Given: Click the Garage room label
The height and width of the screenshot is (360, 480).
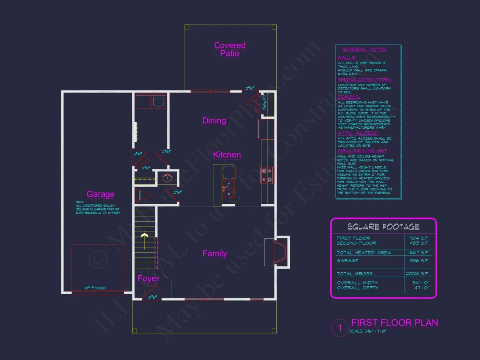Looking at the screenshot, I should (x=100, y=194).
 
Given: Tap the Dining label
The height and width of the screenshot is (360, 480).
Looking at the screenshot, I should (x=214, y=121).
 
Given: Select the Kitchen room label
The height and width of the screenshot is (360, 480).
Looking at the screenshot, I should (x=226, y=155).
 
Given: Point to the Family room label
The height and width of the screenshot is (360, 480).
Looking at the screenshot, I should (x=215, y=254).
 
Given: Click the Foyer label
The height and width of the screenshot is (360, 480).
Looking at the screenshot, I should (x=148, y=279).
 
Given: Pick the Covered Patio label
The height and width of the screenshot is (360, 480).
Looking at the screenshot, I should (x=230, y=49).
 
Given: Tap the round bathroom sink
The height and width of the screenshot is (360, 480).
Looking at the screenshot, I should (x=168, y=178).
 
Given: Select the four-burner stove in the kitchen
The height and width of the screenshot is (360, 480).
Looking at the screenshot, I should (x=267, y=175).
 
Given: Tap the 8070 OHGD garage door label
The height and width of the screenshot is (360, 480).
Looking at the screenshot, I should (x=95, y=288).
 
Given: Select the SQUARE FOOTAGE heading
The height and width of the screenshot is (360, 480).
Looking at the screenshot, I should (x=383, y=227).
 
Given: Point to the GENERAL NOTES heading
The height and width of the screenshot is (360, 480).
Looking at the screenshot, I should (x=364, y=50).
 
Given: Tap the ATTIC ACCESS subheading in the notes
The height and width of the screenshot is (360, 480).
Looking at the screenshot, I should (x=358, y=133).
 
